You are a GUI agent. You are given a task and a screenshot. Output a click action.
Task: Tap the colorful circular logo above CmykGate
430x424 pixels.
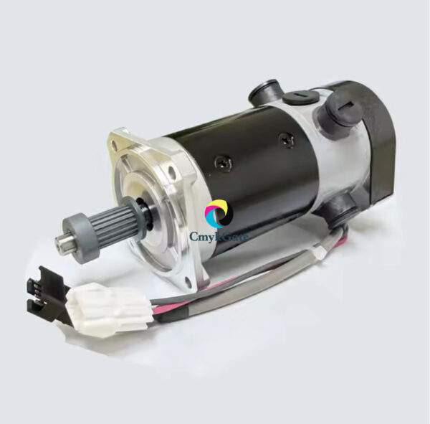pos(218,214)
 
